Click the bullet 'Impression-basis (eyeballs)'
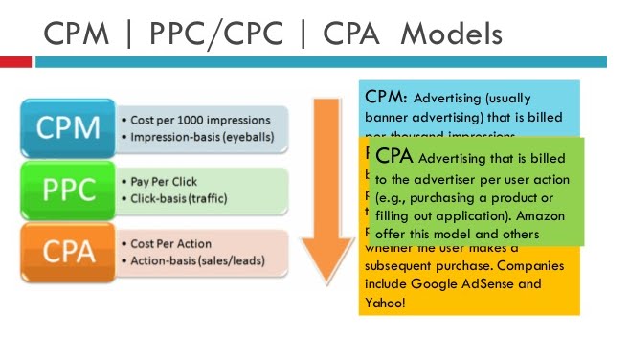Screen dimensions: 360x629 click(195, 136)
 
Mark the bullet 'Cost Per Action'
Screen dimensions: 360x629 click(167, 243)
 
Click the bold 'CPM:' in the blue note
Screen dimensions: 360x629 click(388, 98)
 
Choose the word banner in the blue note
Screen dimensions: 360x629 click(390, 117)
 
